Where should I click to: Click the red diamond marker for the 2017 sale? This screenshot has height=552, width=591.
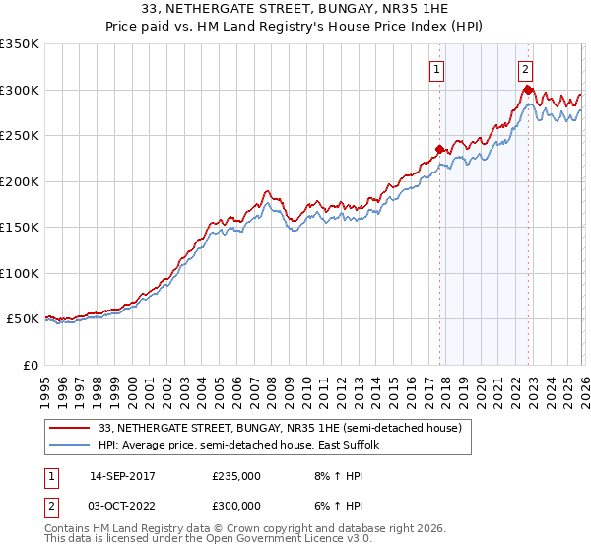click(439, 150)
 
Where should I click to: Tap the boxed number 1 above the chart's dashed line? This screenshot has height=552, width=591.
click(435, 69)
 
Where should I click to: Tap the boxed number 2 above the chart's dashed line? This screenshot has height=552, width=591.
click(526, 69)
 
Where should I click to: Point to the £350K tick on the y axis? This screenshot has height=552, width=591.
click(20, 44)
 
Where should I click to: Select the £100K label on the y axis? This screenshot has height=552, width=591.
click(20, 273)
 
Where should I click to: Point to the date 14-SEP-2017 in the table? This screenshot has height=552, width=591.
click(122, 475)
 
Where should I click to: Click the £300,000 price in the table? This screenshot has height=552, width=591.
click(236, 505)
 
